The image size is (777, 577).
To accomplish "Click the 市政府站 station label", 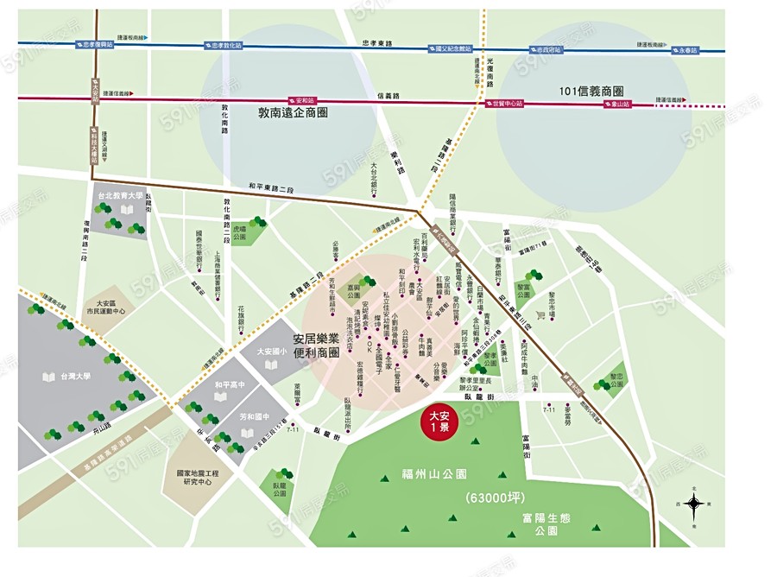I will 549,50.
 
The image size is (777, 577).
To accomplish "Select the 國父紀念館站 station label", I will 453,49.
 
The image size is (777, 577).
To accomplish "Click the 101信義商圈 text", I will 591,91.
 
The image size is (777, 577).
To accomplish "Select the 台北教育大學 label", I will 122,197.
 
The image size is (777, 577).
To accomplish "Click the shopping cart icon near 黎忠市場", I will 540,315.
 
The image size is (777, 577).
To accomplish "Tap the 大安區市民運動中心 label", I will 111,308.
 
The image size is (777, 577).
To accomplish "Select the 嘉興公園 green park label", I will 354,289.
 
